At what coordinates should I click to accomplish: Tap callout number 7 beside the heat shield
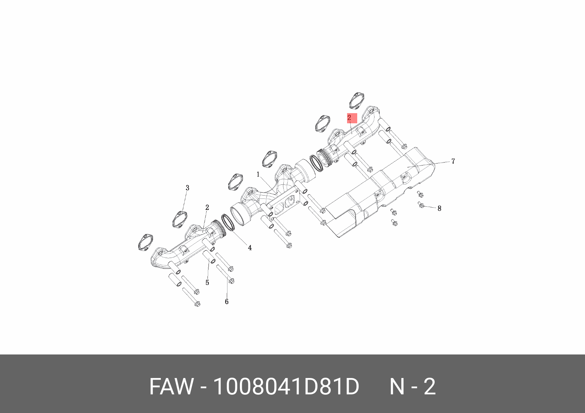pyautogui.click(x=453, y=161)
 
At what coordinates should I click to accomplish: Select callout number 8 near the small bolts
pyautogui.click(x=439, y=208)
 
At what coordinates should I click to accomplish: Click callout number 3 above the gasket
pyautogui.click(x=187, y=188)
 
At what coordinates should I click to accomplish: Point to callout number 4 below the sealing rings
pyautogui.click(x=250, y=248)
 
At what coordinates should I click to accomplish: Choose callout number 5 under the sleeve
pyautogui.click(x=207, y=283)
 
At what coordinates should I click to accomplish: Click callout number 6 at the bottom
pyautogui.click(x=226, y=301)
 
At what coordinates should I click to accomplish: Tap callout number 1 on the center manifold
pyautogui.click(x=258, y=175)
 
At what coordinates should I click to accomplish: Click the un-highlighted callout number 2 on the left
pyautogui.click(x=207, y=207)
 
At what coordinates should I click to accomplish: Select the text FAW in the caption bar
pyautogui.click(x=171, y=387)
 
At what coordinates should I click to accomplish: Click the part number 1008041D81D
pyautogui.click(x=286, y=387)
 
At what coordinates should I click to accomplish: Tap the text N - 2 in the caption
pyautogui.click(x=412, y=387)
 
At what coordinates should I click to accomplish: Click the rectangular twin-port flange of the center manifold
pyautogui.click(x=283, y=205)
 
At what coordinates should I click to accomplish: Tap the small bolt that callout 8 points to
pyautogui.click(x=421, y=205)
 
